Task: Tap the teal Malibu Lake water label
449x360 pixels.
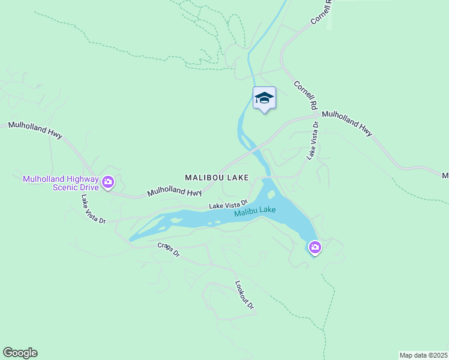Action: tap(255, 211)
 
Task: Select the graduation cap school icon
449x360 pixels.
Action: tap(264, 98)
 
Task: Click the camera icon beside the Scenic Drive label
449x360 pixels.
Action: tap(108, 182)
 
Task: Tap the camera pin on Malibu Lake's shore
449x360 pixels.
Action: tap(315, 247)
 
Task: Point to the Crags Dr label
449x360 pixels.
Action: tap(169, 250)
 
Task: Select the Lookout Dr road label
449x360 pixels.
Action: tap(244, 295)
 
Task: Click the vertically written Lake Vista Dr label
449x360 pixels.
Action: tap(312, 140)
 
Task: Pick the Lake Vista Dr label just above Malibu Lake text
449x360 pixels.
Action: tap(228, 205)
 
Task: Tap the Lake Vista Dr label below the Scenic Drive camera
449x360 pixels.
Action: tap(94, 209)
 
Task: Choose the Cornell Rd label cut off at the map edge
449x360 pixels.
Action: tap(321, 12)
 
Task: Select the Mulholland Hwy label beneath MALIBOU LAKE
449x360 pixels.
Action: tap(174, 192)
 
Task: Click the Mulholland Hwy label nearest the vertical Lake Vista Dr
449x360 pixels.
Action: tap(347, 122)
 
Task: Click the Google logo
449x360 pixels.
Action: tap(20, 353)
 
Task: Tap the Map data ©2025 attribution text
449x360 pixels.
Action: tap(423, 355)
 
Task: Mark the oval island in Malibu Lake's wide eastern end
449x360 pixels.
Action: tap(271, 194)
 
